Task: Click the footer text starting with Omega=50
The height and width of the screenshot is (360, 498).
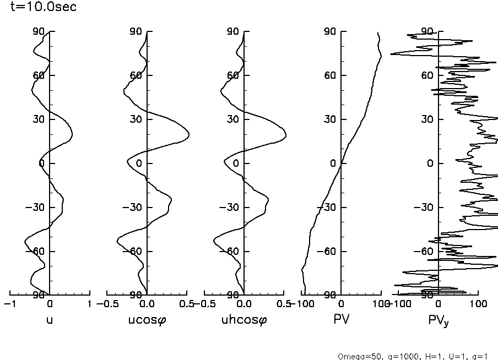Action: pyautogui.click(x=413, y=356)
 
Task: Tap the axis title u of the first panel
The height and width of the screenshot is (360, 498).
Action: pyautogui.click(x=50, y=320)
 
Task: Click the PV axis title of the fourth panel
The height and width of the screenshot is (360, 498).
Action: pyautogui.click(x=342, y=320)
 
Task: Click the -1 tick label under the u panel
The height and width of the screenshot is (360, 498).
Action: pyautogui.click(x=8, y=304)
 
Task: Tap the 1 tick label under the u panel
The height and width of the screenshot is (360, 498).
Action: pyautogui.click(x=89, y=304)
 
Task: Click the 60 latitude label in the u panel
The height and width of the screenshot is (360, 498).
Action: pyautogui.click(x=39, y=75)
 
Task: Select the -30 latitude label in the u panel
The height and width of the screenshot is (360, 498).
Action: pyautogui.click(x=36, y=208)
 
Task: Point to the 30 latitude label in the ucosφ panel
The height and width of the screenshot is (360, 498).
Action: pyautogui.click(x=136, y=119)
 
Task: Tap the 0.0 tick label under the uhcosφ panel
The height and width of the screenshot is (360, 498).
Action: pyautogui.click(x=243, y=304)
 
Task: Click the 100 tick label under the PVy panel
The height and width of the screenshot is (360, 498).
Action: pyautogui.click(x=478, y=304)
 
